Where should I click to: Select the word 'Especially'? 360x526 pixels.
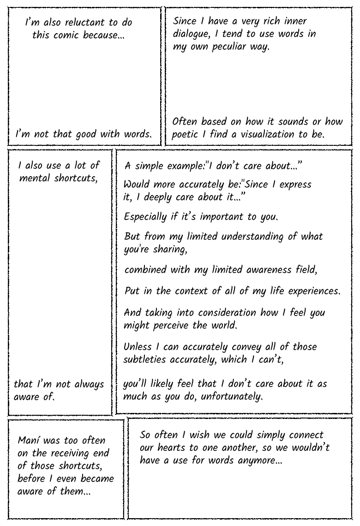click(145, 216)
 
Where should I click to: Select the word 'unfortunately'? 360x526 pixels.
click(229, 396)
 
